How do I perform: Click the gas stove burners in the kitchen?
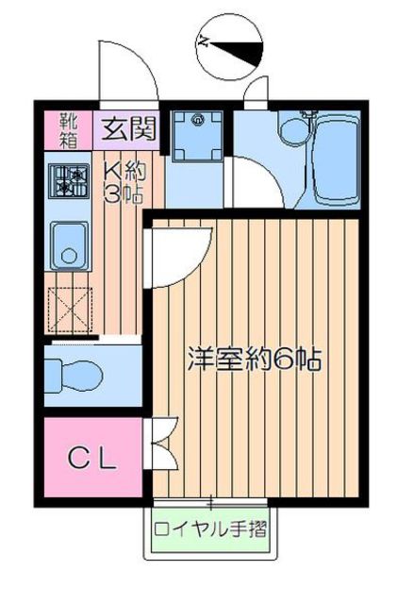click(x=69, y=181)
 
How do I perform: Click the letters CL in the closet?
click(x=92, y=461)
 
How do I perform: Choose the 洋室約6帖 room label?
click(x=255, y=359)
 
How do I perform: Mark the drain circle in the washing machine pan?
click(x=198, y=120)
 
